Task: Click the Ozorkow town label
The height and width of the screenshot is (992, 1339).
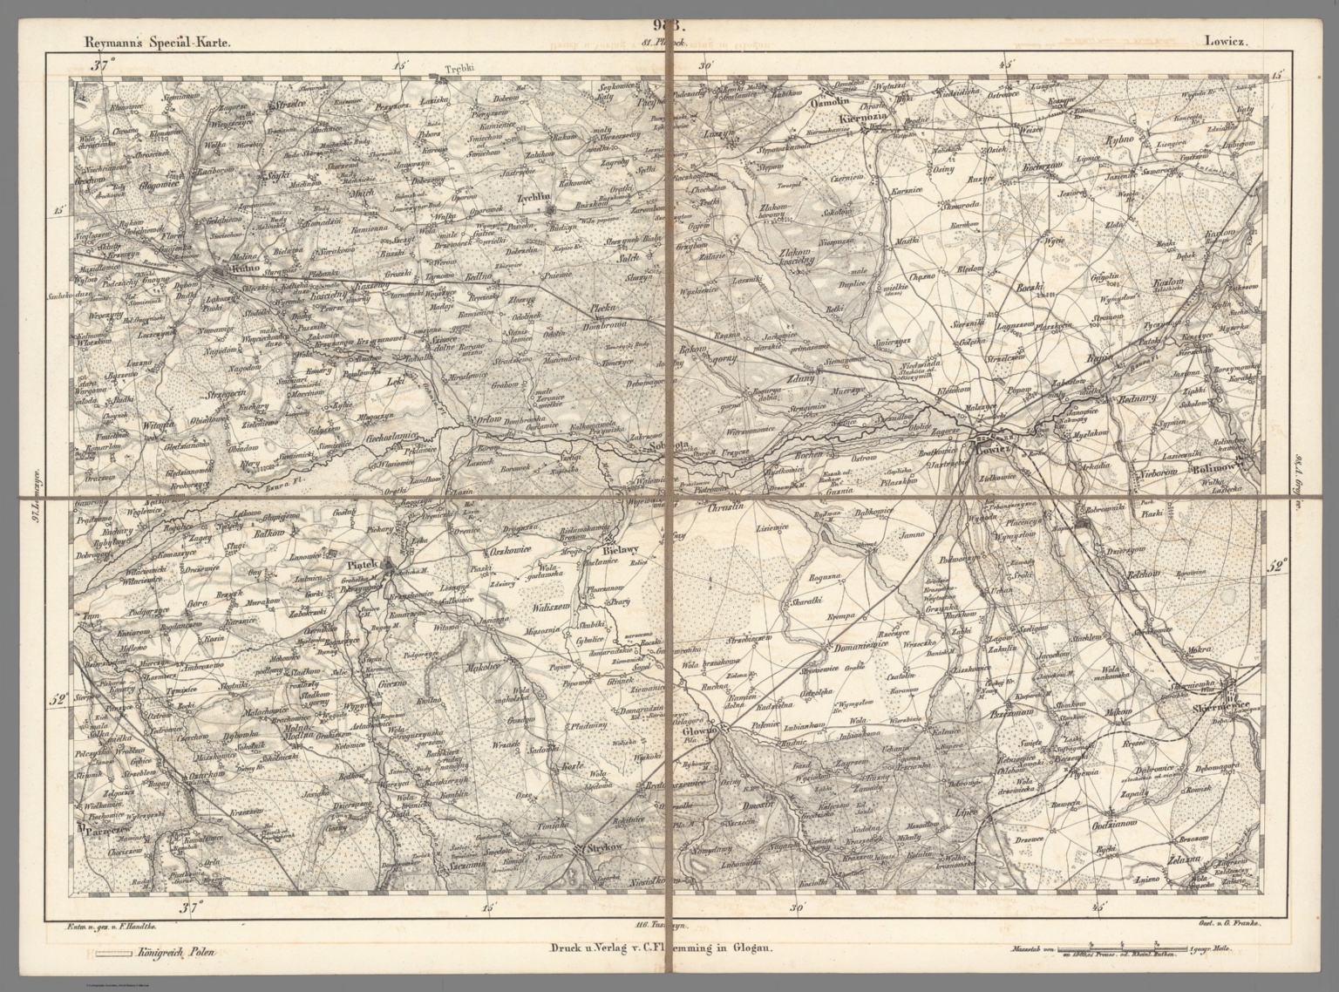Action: point(206,773)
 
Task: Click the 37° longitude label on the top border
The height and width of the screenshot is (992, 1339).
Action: point(105,65)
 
